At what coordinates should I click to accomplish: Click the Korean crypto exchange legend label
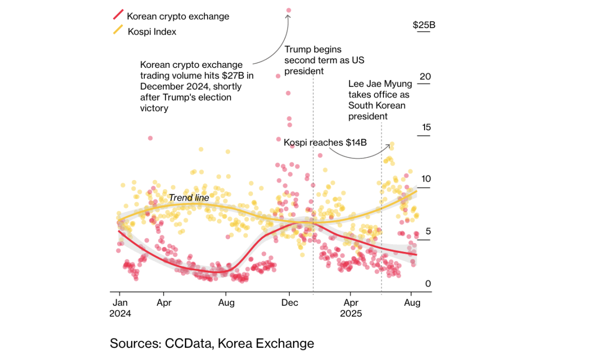(178, 16)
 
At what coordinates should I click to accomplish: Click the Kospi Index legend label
(152, 32)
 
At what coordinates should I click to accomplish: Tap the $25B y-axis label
(424, 25)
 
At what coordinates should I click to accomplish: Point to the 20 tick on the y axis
(425, 76)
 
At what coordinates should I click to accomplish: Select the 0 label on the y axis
(428, 284)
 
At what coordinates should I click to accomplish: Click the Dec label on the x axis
(290, 303)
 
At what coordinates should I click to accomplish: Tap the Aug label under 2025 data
(412, 303)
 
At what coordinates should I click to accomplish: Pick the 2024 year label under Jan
(120, 314)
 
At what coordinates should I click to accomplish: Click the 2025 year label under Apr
(351, 314)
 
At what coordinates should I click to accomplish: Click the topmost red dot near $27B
(288, 10)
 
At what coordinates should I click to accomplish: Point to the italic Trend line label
(188, 198)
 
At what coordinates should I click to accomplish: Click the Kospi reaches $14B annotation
(325, 143)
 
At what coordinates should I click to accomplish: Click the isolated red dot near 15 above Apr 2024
(150, 138)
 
